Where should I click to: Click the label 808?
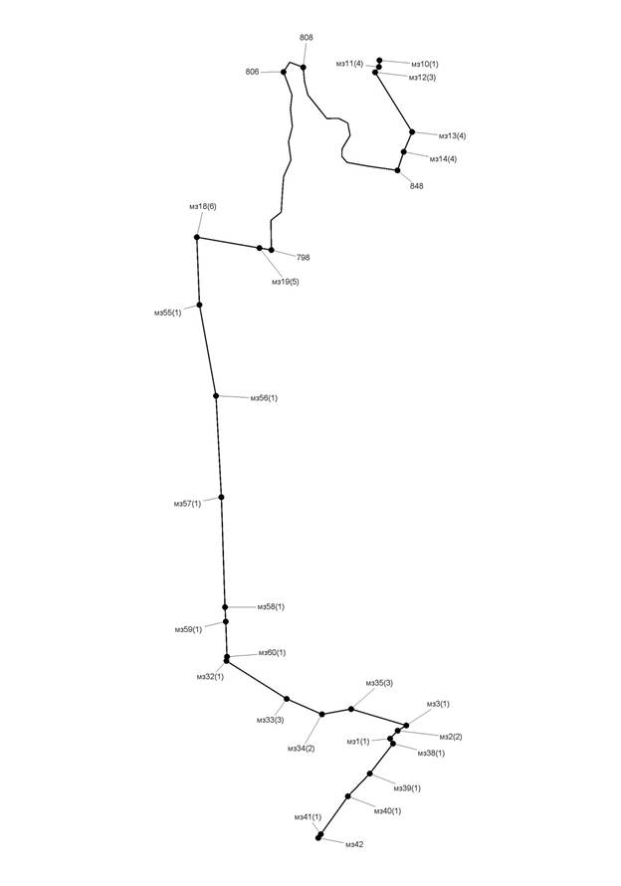click(307, 37)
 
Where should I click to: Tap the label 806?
click(253, 72)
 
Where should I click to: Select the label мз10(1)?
click(424, 64)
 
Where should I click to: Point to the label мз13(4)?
click(453, 135)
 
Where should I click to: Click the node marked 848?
click(397, 170)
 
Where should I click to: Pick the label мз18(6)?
click(203, 206)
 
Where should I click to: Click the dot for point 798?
click(272, 250)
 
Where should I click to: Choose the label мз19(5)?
click(286, 282)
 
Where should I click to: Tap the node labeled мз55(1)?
click(199, 306)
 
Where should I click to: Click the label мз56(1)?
click(264, 398)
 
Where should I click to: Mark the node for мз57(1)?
click(222, 497)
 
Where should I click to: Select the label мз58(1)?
click(272, 607)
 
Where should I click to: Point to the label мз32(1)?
click(210, 676)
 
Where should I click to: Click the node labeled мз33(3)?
click(287, 699)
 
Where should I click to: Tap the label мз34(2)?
click(302, 749)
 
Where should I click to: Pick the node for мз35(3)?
click(351, 709)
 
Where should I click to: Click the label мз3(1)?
click(438, 704)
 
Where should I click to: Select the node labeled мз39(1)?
click(369, 774)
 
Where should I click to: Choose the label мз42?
click(355, 844)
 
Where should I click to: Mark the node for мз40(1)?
click(348, 796)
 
